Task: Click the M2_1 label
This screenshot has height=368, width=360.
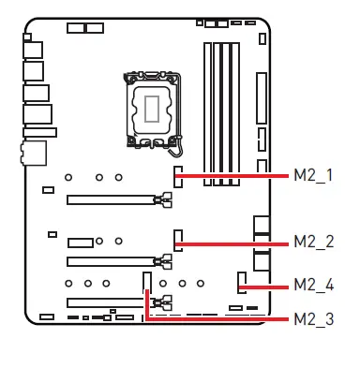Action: tap(314, 175)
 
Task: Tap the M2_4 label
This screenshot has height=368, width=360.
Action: tap(314, 284)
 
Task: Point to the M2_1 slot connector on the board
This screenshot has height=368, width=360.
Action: tap(176, 175)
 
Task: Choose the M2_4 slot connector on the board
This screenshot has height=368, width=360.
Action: tap(241, 279)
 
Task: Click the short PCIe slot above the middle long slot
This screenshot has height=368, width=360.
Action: tap(79, 242)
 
